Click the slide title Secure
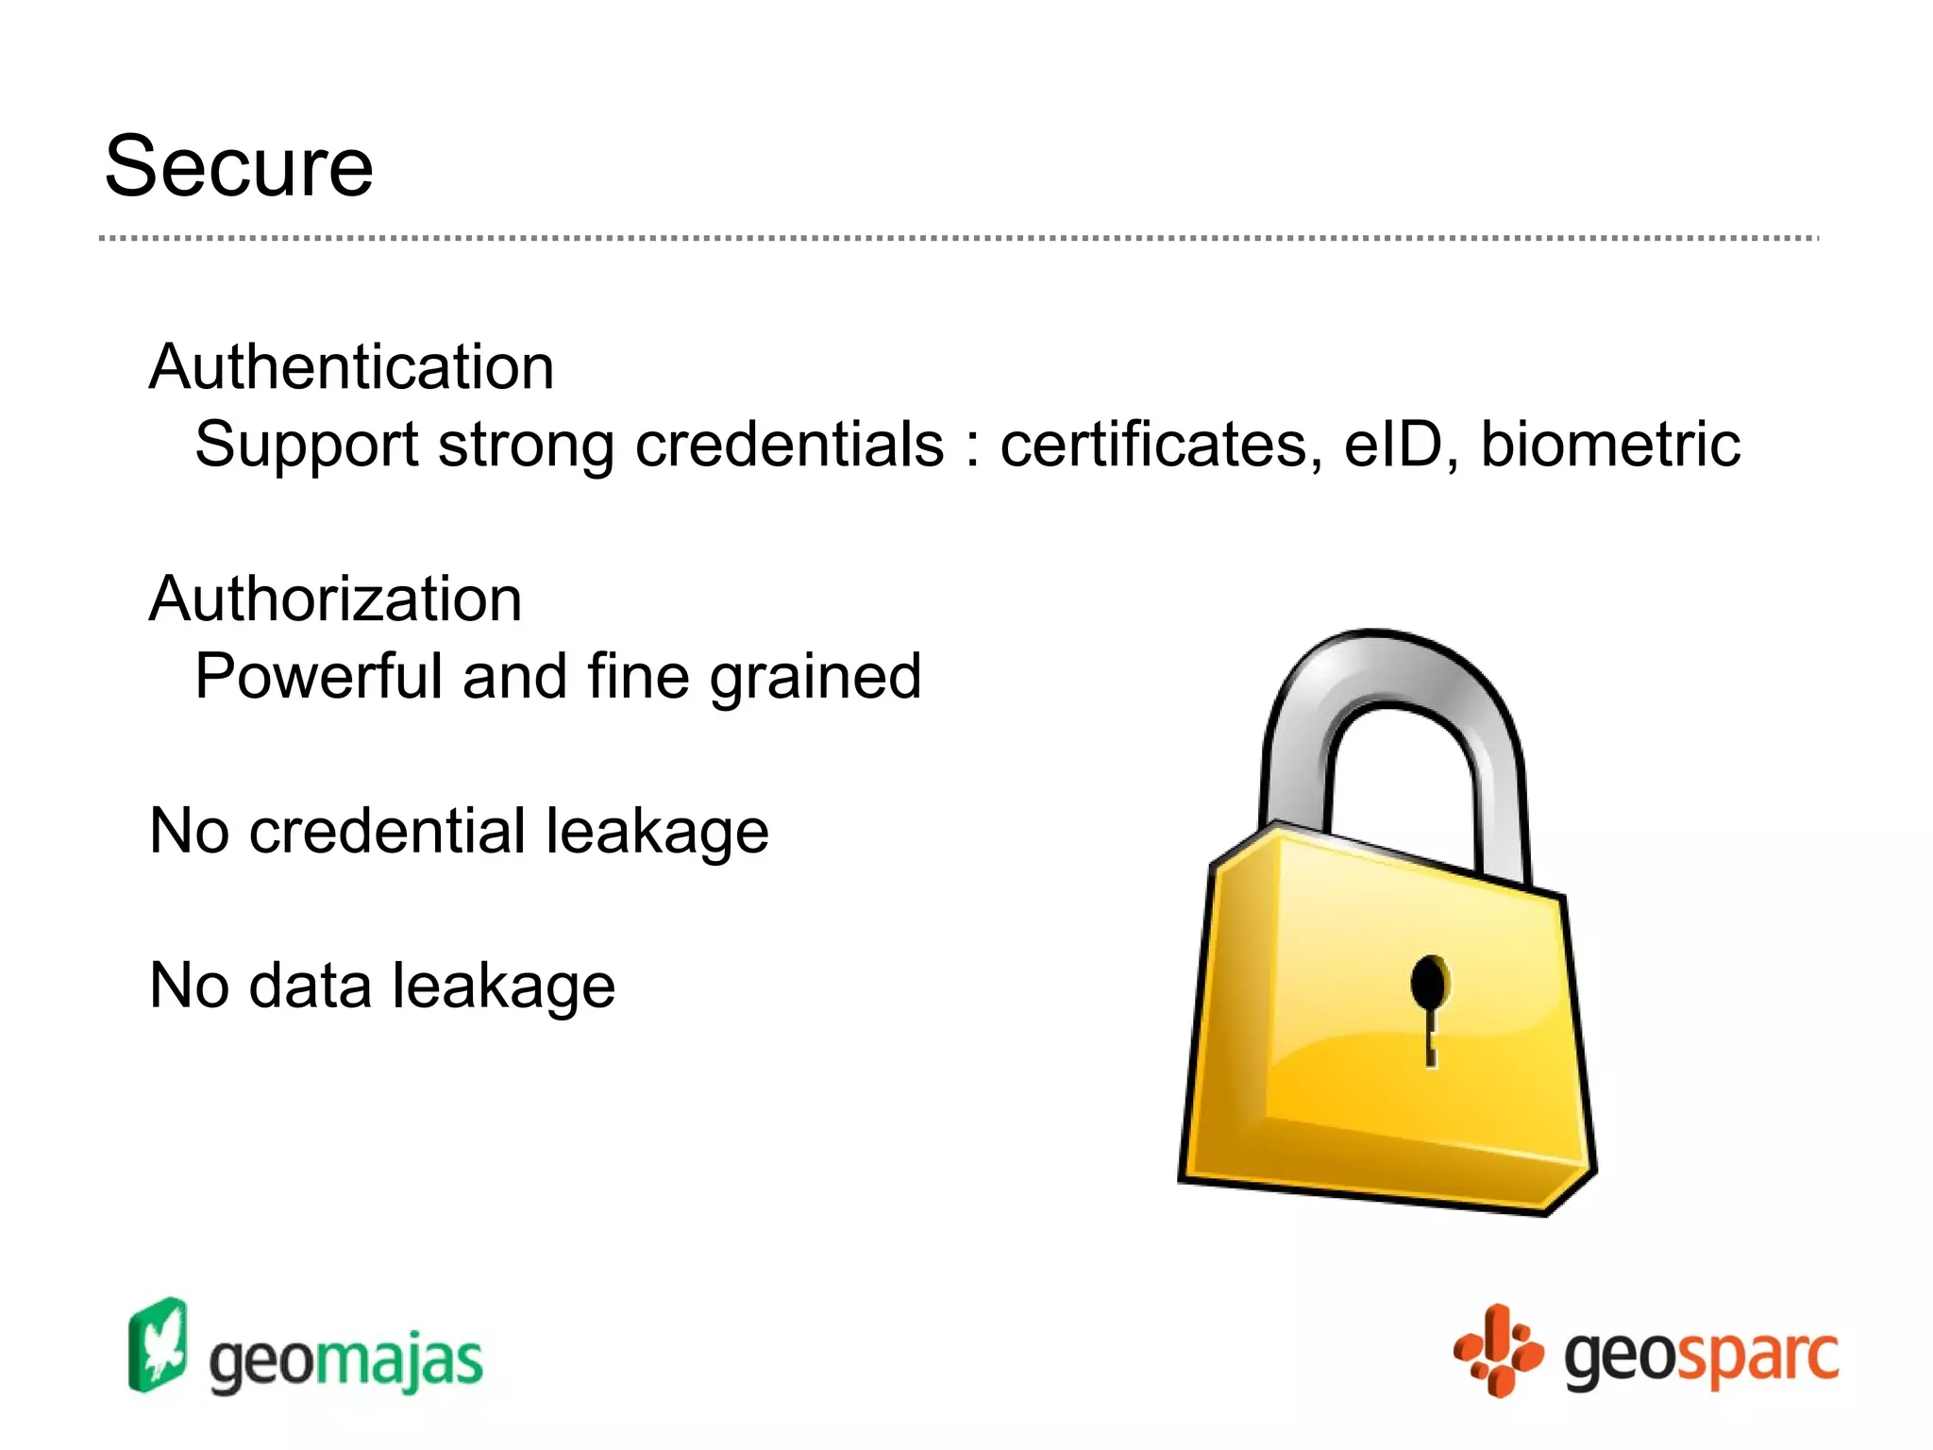[x=239, y=167]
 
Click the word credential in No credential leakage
[x=387, y=831]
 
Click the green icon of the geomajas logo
[x=158, y=1344]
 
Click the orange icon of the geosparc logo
[x=1499, y=1350]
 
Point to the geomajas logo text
[x=345, y=1361]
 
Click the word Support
[x=306, y=446]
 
